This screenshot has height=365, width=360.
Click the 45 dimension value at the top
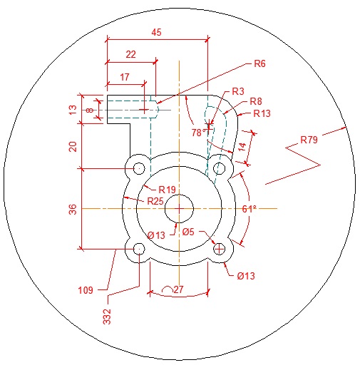pos(156,32)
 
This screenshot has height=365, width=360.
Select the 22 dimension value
pos(130,54)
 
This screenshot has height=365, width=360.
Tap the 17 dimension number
pos(125,77)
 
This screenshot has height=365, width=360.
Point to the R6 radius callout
pos(259,63)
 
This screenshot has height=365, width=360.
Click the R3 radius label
pos(238,91)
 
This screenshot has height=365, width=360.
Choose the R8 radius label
pos(256,101)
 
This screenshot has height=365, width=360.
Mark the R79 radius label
pos(309,140)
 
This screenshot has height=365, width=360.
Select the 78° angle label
pos(199,133)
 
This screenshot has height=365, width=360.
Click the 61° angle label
pos(249,209)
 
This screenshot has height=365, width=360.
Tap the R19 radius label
pos(167,190)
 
